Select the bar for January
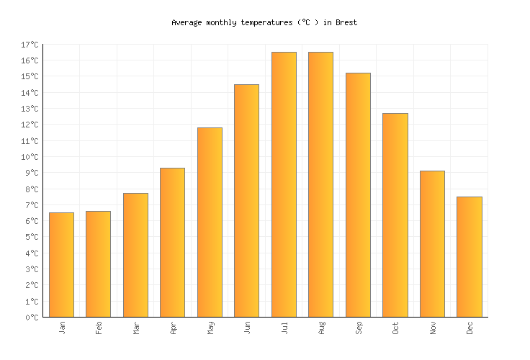click(61, 265)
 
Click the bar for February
click(98, 264)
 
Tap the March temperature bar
click(135, 255)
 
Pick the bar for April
click(172, 243)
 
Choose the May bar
click(210, 222)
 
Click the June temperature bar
click(246, 201)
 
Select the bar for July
click(284, 184)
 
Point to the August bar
click(320, 184)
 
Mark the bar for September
click(358, 195)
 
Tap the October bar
click(395, 215)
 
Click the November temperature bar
click(432, 244)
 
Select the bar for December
click(469, 257)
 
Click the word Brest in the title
click(346, 22)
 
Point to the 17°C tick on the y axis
click(30, 45)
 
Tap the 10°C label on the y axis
click(30, 157)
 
